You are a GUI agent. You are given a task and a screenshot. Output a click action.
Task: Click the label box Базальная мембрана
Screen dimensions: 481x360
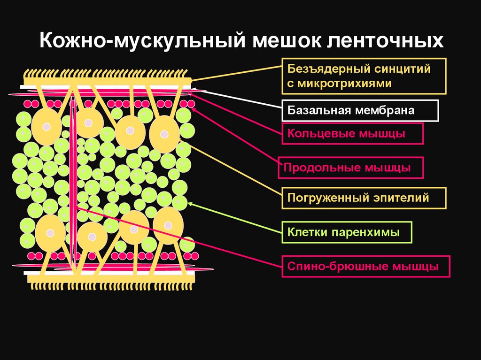(360, 111)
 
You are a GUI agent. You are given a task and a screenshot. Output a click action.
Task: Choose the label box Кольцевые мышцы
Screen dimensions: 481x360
(353, 133)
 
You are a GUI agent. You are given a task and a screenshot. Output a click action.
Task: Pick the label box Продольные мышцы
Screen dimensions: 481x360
(350, 168)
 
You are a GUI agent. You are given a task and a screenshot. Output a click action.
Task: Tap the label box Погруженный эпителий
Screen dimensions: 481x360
(364, 198)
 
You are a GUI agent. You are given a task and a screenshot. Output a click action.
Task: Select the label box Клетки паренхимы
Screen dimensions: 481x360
(347, 232)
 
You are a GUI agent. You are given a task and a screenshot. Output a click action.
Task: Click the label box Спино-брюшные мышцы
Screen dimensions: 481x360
(366, 267)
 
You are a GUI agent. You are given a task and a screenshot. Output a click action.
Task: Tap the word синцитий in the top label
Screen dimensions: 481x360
(403, 69)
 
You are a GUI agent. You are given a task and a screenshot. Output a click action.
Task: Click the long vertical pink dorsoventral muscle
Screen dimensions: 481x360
(73, 188)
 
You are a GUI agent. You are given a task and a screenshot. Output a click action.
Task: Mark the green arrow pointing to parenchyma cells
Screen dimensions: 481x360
(235, 218)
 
